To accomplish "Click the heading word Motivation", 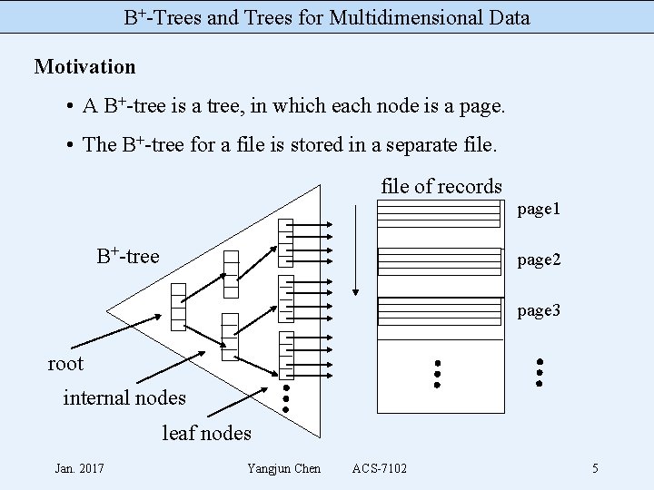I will [84, 66].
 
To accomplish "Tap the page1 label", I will [539, 210].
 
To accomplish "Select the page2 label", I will [539, 260].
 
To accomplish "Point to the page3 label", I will [539, 310].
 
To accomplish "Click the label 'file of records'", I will [441, 186].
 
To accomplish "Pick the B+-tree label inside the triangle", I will [128, 256].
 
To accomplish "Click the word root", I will [65, 364].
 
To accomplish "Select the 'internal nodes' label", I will [124, 397].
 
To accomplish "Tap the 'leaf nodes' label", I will [206, 433].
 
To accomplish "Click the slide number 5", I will [595, 468].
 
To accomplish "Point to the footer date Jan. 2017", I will [79, 468].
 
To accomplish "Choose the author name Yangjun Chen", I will [283, 468].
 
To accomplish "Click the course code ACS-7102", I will [380, 468].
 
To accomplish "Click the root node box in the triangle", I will [178, 306].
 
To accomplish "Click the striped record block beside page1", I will [439, 212].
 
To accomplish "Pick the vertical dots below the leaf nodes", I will [286, 397].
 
